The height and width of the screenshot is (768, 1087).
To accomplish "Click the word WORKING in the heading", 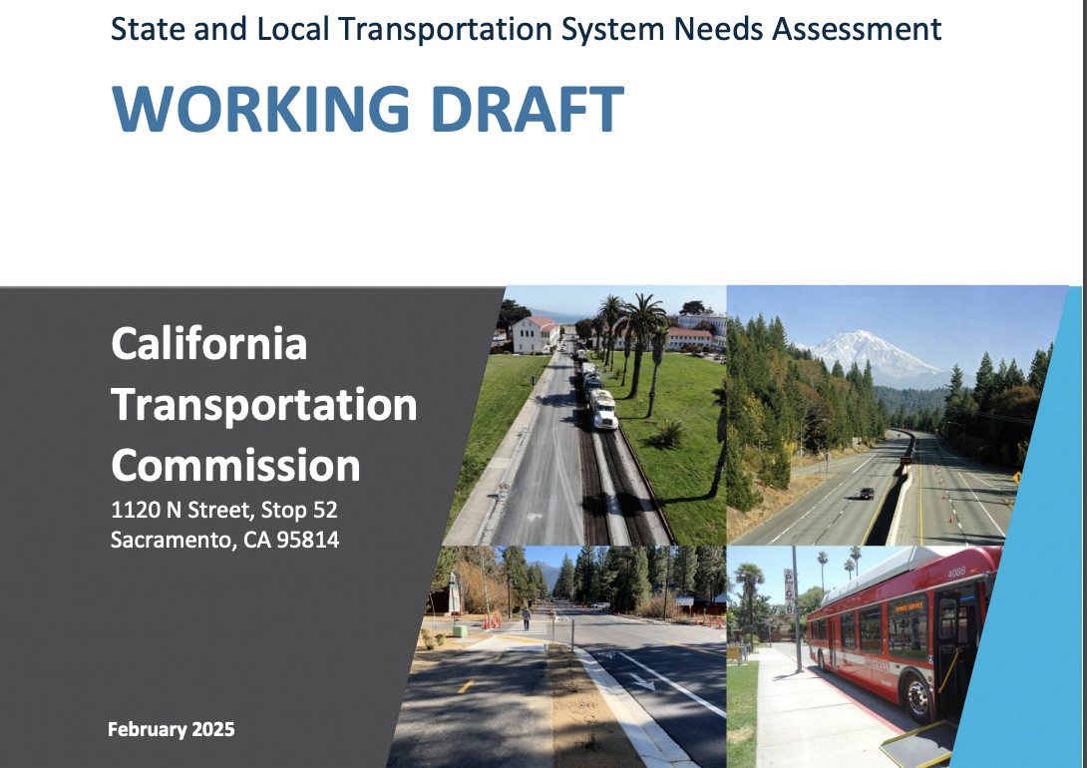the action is [x=260, y=109].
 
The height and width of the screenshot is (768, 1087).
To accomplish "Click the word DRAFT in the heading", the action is [x=528, y=109].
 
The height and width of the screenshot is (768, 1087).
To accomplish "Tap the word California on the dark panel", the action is [x=208, y=343].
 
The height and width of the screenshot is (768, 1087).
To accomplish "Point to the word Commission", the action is [x=235, y=465].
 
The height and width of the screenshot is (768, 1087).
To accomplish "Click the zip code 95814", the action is [x=308, y=540].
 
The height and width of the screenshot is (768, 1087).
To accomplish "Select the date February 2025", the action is [x=172, y=729].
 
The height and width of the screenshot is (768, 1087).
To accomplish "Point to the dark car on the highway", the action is [x=867, y=493].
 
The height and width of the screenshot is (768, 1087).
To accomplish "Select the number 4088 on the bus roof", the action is [x=956, y=573].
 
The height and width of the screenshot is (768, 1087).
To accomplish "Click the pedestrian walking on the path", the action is [x=527, y=618].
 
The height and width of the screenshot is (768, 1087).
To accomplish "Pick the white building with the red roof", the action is [x=536, y=335].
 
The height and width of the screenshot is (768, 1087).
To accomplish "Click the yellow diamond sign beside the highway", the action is [x=1016, y=477].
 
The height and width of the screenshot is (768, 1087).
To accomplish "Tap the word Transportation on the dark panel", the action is [x=264, y=406].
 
